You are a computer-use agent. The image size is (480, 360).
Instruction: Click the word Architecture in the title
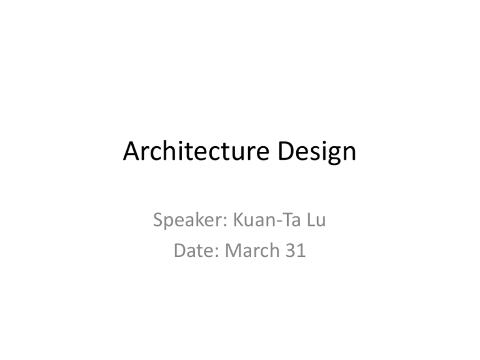pos(196,151)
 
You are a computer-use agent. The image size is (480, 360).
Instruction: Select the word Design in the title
pos(317,152)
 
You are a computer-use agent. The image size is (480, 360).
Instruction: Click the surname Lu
pos(316,219)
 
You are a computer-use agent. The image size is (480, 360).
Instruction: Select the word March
pos(252,250)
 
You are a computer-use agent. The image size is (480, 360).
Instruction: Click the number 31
pos(296,250)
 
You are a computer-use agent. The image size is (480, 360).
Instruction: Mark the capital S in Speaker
pos(158,219)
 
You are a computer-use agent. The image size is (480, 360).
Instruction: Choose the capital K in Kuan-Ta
pos(239,219)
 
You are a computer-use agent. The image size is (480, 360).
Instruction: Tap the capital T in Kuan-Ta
pos(286,219)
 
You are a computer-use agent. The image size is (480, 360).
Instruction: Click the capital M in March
pos(233,250)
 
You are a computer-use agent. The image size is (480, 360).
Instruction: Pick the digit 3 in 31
pos(291,250)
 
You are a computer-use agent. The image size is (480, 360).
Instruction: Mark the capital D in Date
pos(180,250)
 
